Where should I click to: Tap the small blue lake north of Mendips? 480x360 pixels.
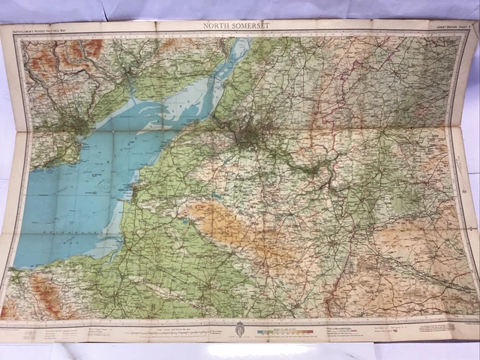184,220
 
